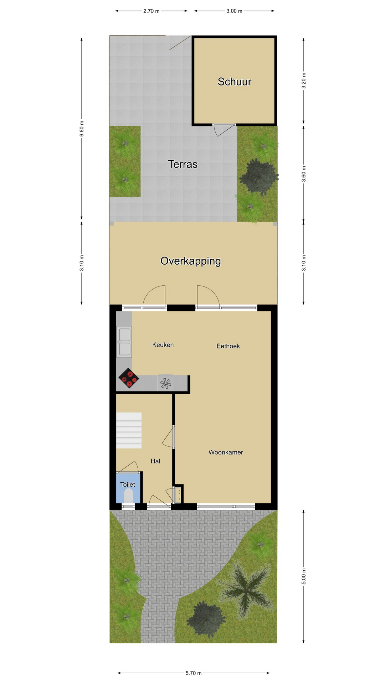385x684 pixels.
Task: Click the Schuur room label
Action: tap(235, 82)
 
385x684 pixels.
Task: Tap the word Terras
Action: tap(183, 164)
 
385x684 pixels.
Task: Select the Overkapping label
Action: tap(191, 261)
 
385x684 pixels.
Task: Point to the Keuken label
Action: tap(163, 345)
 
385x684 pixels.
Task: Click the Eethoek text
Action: tap(228, 346)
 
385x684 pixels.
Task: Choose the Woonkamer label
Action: tap(226, 452)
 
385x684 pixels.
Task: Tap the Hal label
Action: tap(155, 461)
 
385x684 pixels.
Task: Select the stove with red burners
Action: tap(129, 378)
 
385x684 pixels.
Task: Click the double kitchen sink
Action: tap(124, 342)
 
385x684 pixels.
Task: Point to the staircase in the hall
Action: tap(129, 430)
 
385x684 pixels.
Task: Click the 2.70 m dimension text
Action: tap(151, 11)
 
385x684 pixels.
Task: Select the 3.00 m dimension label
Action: tap(234, 11)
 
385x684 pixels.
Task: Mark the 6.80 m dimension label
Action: tap(82, 128)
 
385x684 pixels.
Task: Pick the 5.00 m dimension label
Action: tap(304, 576)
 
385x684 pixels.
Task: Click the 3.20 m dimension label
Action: tap(304, 81)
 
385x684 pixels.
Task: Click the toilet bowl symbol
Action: tap(128, 496)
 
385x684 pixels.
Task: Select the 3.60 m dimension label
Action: tap(304, 174)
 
